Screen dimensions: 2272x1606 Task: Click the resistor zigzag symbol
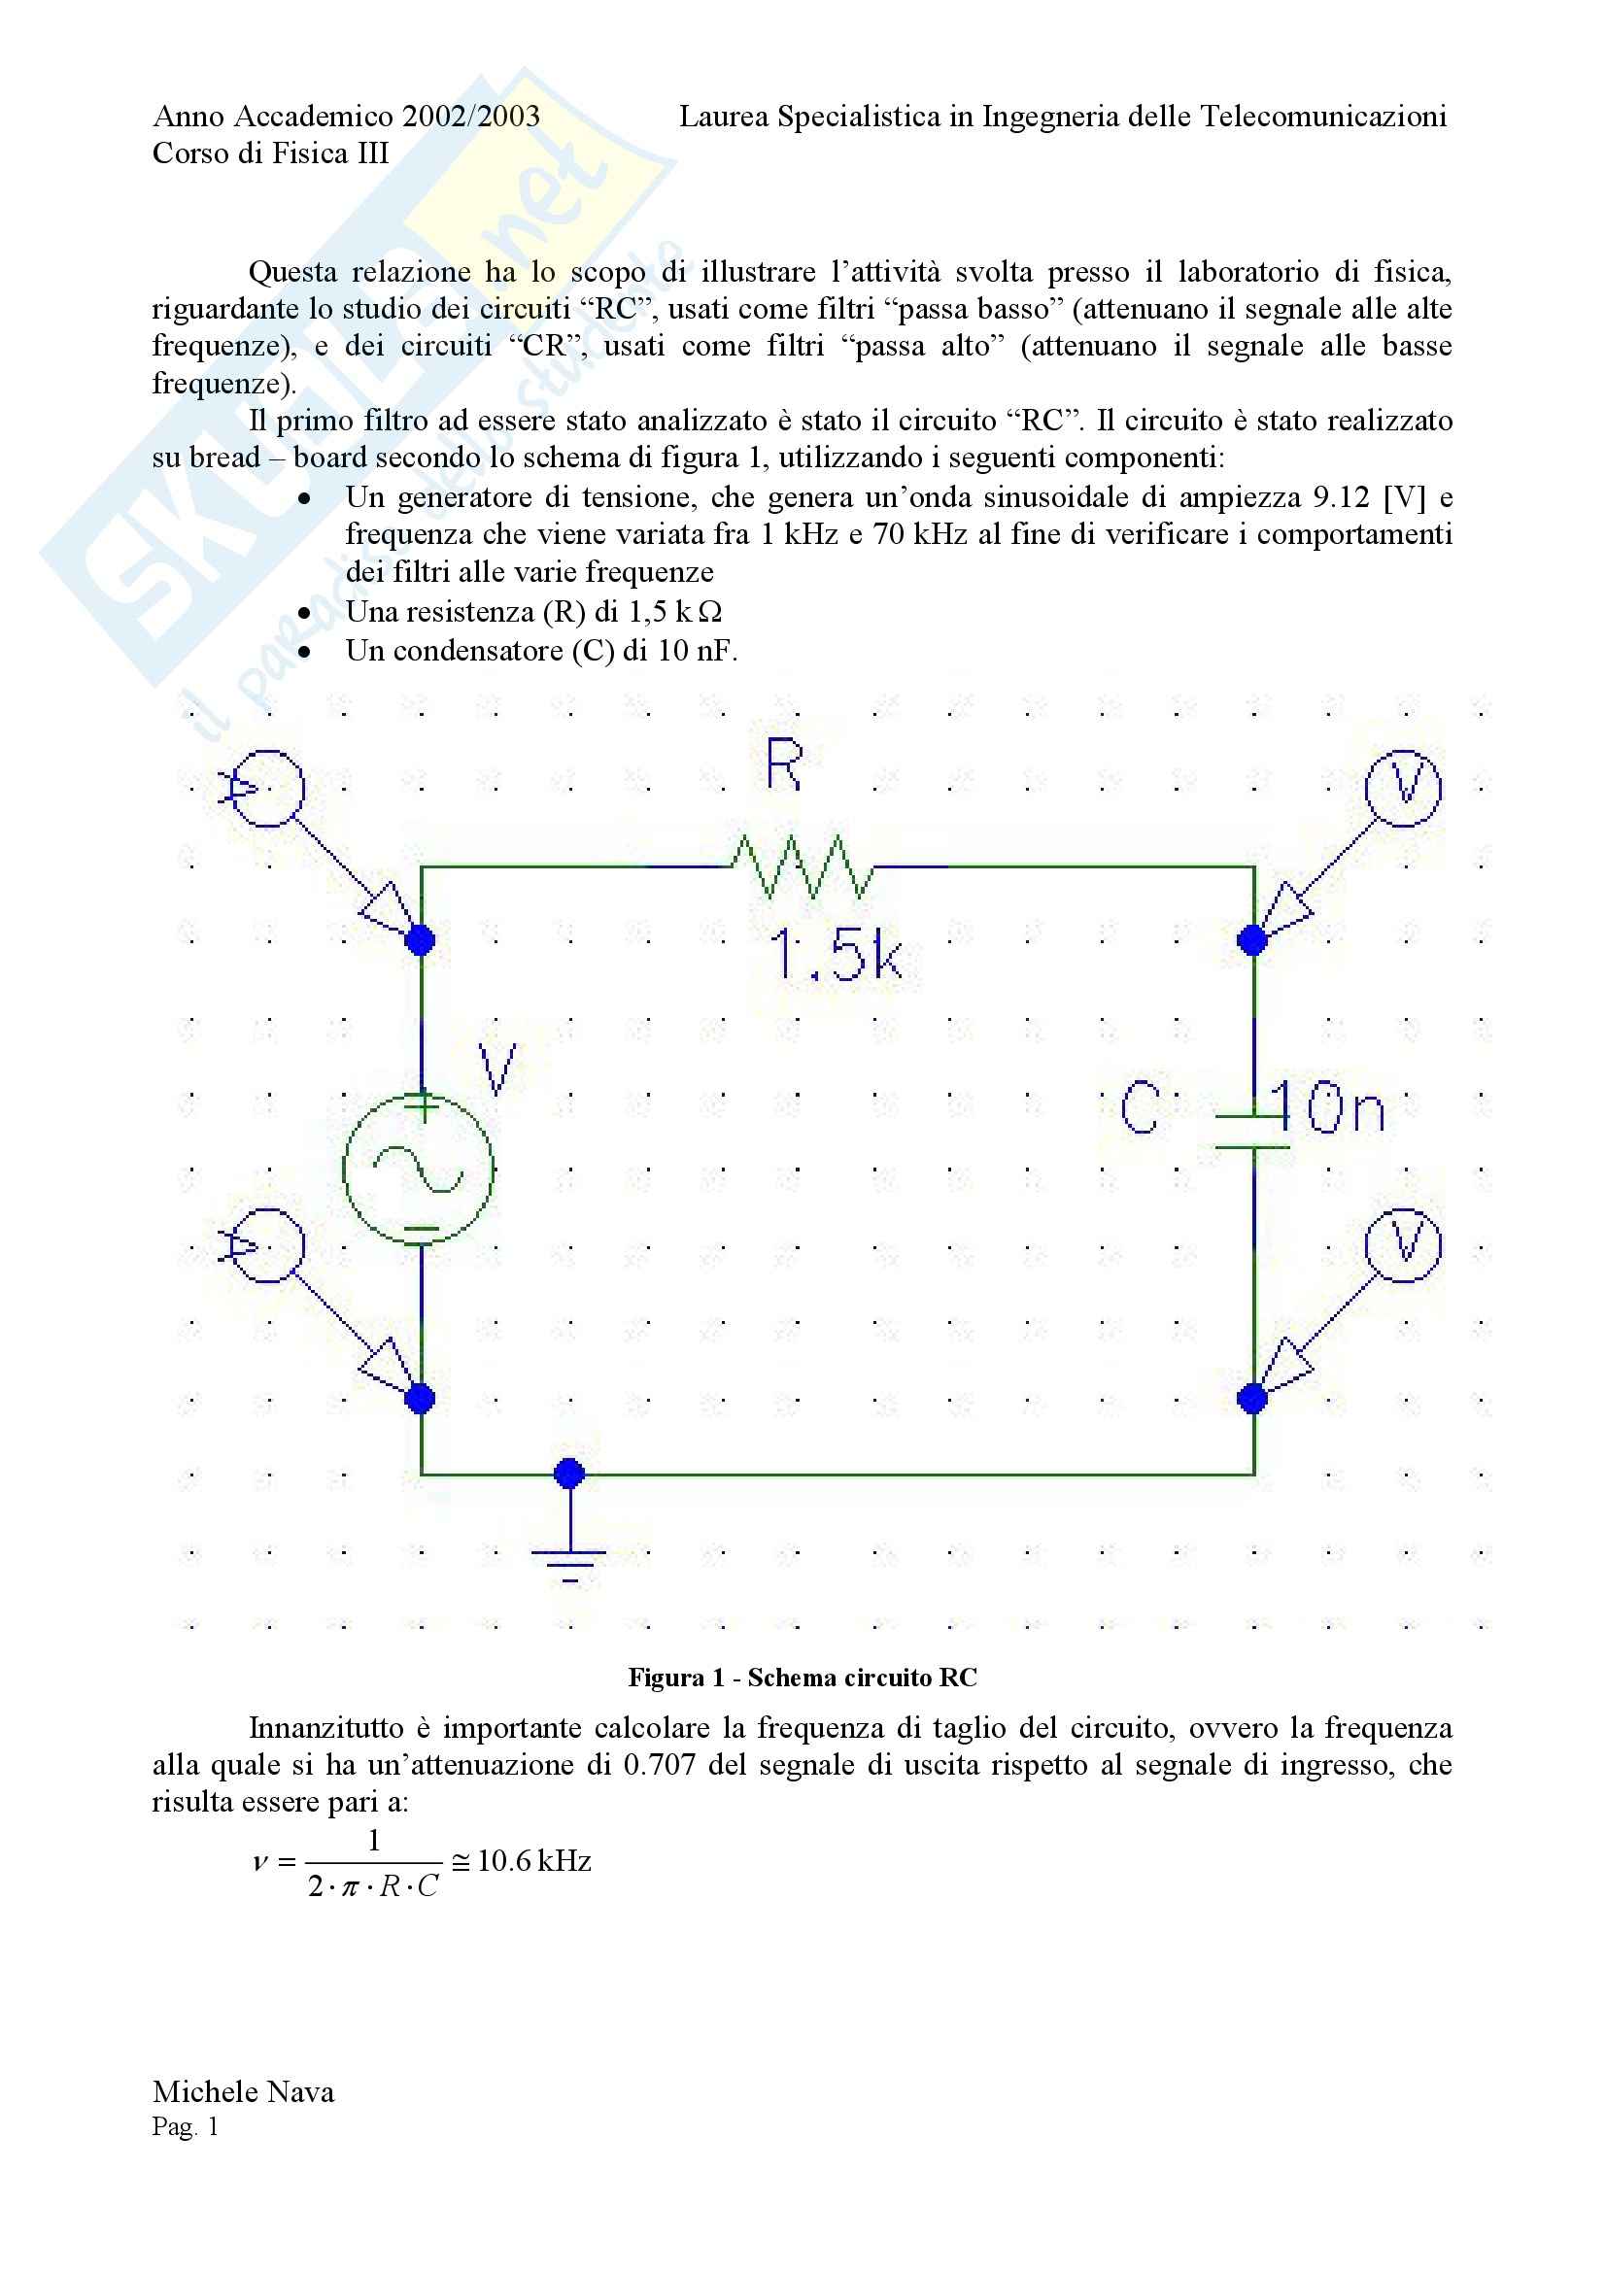802,866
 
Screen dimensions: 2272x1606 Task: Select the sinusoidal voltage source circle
419,1170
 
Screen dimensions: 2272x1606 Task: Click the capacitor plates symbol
1252,1132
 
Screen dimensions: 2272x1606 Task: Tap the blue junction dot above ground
569,1475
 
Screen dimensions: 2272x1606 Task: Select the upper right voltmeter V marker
1402,788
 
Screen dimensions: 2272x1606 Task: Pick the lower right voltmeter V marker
1402,1245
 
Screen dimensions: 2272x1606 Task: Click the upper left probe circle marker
266,788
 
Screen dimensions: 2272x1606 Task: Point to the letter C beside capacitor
1140,1107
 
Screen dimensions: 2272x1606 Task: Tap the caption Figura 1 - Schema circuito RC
802,1679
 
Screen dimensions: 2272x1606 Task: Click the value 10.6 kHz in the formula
533,1861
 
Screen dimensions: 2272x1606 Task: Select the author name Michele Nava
244,2092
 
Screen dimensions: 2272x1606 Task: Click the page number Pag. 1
185,2126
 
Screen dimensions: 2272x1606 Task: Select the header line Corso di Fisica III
270,153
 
